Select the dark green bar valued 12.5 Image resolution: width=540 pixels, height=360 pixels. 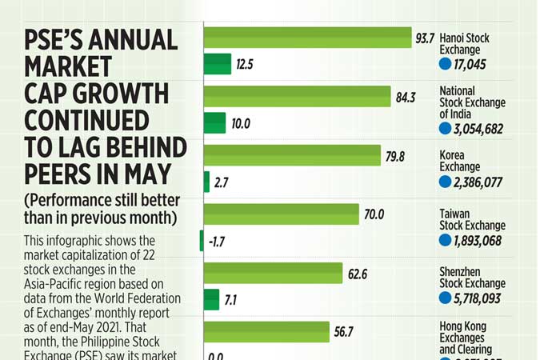218,64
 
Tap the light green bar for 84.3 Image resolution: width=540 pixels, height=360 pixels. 298,97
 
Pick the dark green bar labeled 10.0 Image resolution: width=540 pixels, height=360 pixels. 215,123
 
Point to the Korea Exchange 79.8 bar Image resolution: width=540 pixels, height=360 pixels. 292,155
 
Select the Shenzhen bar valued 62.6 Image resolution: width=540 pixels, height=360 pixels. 274,273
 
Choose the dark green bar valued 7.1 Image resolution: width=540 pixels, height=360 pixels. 212,299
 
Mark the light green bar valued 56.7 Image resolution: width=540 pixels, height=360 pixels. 267,332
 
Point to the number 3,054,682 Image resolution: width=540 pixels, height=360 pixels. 478,129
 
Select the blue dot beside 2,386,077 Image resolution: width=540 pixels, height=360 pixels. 446,182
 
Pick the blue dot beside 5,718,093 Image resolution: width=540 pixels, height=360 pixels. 446,298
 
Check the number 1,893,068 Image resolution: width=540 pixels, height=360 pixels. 478,241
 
